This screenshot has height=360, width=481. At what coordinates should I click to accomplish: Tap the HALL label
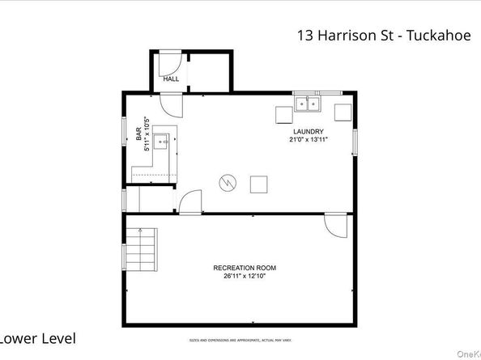click(x=171, y=79)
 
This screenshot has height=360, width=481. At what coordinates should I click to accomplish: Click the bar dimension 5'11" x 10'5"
click(x=147, y=133)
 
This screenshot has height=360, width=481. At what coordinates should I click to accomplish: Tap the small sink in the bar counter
click(x=163, y=141)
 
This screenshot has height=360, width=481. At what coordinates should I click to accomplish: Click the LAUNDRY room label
click(x=309, y=132)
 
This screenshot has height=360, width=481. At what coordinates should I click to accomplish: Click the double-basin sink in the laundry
click(x=308, y=104)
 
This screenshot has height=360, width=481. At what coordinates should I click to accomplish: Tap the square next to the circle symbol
click(x=259, y=184)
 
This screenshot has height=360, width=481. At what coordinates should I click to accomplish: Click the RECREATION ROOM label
click(x=245, y=268)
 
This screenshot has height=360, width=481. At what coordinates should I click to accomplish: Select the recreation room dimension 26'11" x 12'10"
click(x=245, y=277)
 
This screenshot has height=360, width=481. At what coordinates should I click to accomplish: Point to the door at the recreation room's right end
click(x=334, y=224)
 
